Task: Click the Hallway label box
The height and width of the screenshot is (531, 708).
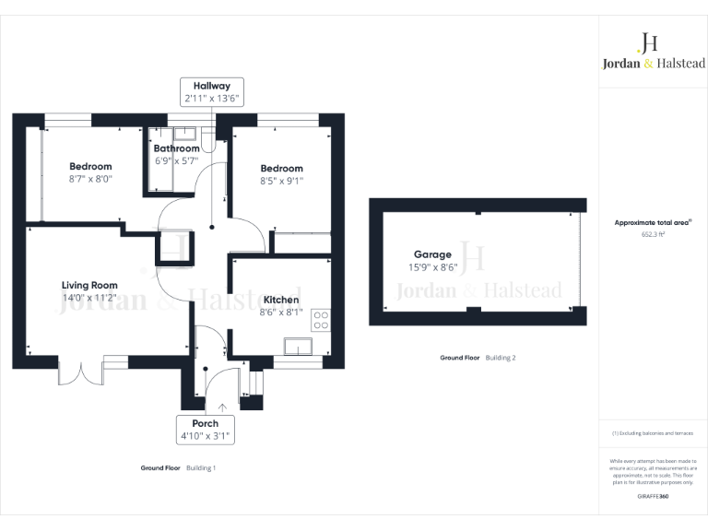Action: [x=211, y=92]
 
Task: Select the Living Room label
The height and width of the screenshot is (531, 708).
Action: [x=90, y=291]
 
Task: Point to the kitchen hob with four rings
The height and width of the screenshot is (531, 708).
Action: [x=322, y=320]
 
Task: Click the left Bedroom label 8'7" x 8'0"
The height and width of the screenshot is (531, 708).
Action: [x=90, y=173]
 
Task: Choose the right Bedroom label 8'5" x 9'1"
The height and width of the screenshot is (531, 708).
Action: [x=281, y=174]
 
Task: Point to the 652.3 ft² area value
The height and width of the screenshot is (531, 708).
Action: [x=653, y=235]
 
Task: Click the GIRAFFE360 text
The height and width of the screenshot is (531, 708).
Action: [x=653, y=497]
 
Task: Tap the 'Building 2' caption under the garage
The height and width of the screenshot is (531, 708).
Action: [x=501, y=357]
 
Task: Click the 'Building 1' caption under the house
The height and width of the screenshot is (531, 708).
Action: [x=201, y=467]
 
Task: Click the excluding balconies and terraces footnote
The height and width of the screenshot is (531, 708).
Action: [x=653, y=433]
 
